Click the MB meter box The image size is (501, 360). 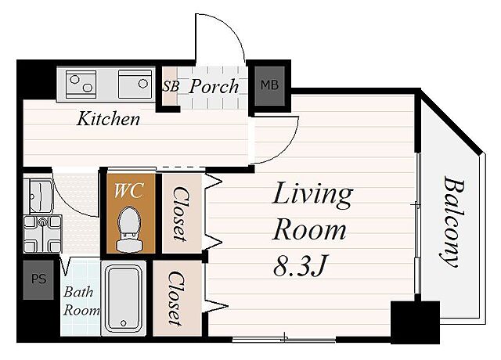[269, 85]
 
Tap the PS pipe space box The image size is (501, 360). [38, 280]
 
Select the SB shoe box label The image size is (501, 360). [171, 86]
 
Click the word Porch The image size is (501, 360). [214, 87]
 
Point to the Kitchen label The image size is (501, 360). [108, 118]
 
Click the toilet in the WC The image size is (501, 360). [129, 229]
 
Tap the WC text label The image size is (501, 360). [129, 191]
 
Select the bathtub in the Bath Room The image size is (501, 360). [124, 298]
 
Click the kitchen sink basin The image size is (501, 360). [135, 84]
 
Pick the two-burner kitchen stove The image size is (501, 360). [81, 84]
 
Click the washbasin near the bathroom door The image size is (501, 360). [39, 196]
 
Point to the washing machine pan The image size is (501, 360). [42, 233]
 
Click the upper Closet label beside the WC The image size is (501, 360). [181, 214]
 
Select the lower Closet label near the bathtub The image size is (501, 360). [176, 298]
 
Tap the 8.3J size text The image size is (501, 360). [301, 266]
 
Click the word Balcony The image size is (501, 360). [453, 221]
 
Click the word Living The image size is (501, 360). [312, 195]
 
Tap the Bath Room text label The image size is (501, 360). [81, 301]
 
